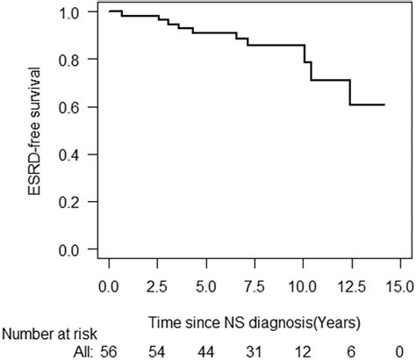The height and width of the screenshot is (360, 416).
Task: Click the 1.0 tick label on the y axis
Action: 75,12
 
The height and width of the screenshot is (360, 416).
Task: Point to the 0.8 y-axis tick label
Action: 75,60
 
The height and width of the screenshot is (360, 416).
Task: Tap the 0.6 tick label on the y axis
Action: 75,107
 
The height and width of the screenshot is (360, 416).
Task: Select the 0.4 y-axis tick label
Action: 75,155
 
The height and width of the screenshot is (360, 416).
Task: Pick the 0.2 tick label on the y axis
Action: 75,202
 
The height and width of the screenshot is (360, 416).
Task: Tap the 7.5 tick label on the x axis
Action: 255,286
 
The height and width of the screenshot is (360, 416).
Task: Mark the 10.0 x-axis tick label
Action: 304,286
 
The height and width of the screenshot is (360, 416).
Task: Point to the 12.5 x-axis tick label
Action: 352,286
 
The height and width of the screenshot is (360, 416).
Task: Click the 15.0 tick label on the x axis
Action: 400,286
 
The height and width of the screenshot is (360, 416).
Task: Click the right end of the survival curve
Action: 384,104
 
